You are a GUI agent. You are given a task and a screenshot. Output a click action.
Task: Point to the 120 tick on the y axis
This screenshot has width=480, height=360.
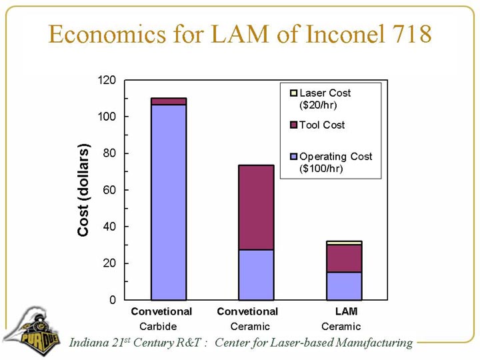click(x=108, y=80)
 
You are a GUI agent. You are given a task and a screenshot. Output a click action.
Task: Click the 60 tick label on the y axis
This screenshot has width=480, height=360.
click(x=111, y=190)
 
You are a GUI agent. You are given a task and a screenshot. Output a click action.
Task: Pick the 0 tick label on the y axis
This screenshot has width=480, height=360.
click(x=114, y=300)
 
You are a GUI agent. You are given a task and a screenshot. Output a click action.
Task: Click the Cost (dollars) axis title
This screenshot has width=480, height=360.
click(x=83, y=190)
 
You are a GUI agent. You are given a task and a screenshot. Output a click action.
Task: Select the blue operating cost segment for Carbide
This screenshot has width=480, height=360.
click(x=169, y=202)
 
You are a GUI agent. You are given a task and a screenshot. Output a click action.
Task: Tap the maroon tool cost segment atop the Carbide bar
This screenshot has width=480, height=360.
click(x=169, y=101)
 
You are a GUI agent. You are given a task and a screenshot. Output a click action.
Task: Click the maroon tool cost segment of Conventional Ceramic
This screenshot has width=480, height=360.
click(x=256, y=207)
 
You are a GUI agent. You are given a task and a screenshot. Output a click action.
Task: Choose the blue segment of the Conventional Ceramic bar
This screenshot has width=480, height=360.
click(x=256, y=275)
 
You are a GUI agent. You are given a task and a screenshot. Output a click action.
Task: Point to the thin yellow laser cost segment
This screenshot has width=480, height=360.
click(x=344, y=243)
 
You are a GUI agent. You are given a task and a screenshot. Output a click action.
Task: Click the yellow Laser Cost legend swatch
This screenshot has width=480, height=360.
click(x=294, y=93)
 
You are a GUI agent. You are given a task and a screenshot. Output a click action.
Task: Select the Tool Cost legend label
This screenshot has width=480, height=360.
click(x=322, y=125)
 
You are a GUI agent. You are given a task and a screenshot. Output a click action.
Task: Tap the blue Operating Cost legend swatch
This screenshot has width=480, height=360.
click(x=294, y=157)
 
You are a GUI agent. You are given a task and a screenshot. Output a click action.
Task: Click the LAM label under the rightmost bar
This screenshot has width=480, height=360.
click(x=347, y=311)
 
